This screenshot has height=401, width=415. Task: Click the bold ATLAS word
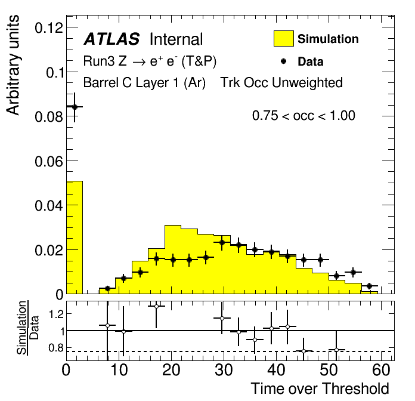[x=112, y=39]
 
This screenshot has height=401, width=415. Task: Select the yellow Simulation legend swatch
[x=284, y=39]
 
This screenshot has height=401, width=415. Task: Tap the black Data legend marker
[x=284, y=61]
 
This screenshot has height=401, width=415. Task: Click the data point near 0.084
[x=75, y=107]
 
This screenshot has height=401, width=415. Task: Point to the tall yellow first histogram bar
[x=75, y=239]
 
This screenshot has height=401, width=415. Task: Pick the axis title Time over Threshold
[x=320, y=388]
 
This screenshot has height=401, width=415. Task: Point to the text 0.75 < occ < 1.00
[x=303, y=116]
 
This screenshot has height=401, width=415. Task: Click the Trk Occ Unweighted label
[x=281, y=82]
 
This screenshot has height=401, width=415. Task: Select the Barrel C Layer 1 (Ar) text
[x=144, y=82]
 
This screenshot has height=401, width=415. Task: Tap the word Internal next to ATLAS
[x=176, y=39]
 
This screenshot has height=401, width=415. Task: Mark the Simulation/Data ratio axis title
[x=26, y=328]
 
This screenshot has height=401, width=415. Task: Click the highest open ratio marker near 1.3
[x=157, y=306]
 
